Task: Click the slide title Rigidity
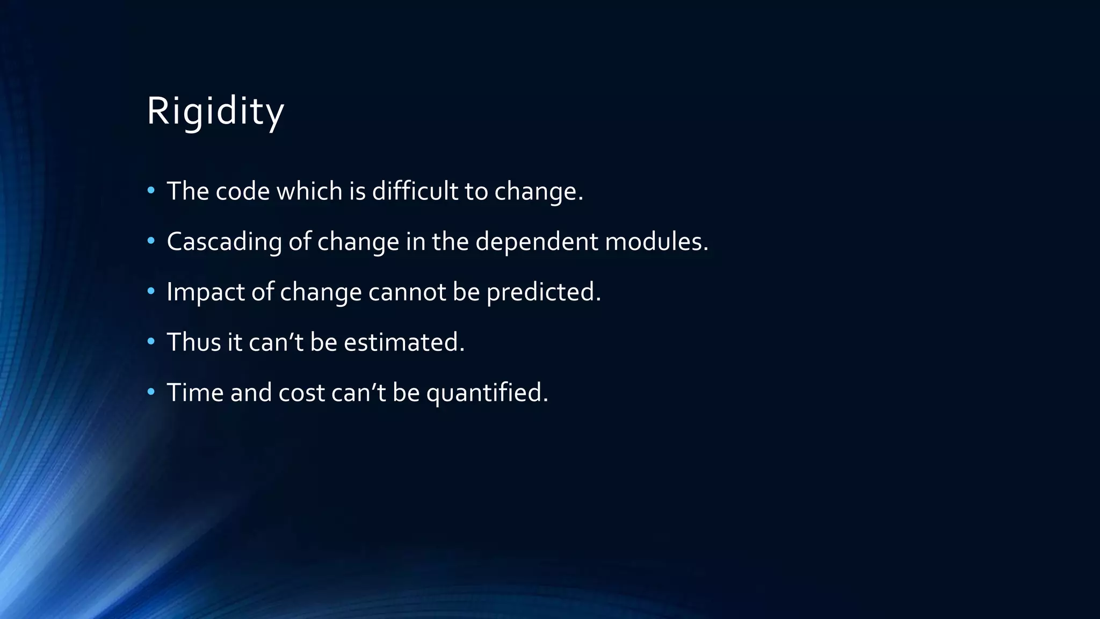215,112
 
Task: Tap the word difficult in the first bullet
415,191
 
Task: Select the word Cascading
224,242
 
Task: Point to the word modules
656,242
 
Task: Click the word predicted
543,292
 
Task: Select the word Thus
193,342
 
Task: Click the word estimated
404,342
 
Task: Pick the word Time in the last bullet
195,393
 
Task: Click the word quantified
487,393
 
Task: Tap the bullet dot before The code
151,190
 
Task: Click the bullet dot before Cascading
151,241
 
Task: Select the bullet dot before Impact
151,291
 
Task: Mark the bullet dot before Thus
151,341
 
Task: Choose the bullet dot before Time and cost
151,392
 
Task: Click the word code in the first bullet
242,191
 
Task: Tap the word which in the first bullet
309,191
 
